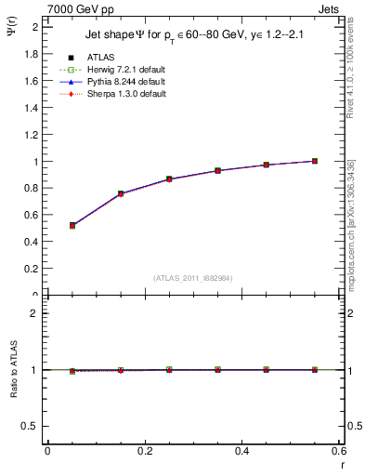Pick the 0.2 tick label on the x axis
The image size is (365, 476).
(x=144, y=451)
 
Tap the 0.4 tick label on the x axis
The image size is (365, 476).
(x=241, y=451)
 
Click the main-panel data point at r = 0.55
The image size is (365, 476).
(x=315, y=161)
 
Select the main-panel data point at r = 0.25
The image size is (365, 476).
(x=169, y=178)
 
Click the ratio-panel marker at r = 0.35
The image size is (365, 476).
(x=217, y=369)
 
